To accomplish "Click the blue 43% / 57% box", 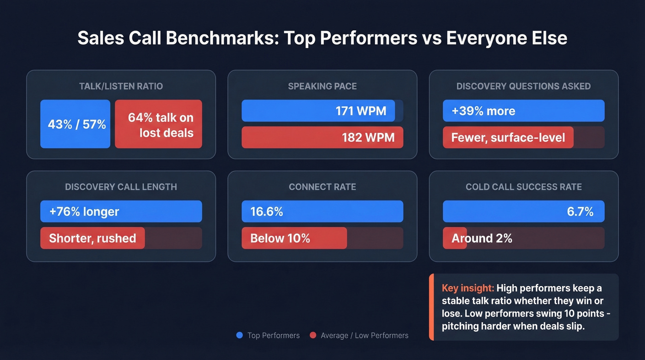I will pyautogui.click(x=75, y=124).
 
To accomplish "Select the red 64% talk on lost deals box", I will pyautogui.click(x=158, y=124).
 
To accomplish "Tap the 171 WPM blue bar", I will pyautogui.click(x=318, y=111).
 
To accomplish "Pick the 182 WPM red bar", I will pyautogui.click(x=322, y=137).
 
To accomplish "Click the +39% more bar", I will pyautogui.click(x=523, y=111).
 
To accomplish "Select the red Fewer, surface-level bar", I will pyautogui.click(x=508, y=137).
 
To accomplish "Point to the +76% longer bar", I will pyautogui.click(x=121, y=212).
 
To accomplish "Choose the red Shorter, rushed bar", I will pyautogui.click(x=92, y=238).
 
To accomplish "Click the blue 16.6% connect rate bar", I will pyautogui.click(x=322, y=212).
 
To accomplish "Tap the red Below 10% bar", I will pyautogui.click(x=294, y=238).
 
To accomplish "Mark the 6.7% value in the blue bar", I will pyautogui.click(x=580, y=212).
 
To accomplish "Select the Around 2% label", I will pyautogui.click(x=481, y=238).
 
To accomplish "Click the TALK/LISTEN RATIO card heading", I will pyautogui.click(x=121, y=86).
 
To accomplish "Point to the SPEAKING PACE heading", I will pyautogui.click(x=322, y=86).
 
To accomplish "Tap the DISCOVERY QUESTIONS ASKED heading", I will pyautogui.click(x=523, y=86).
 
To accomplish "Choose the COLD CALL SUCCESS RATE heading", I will pyautogui.click(x=523, y=187).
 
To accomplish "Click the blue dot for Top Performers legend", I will pyautogui.click(x=240, y=336).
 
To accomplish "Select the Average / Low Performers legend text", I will pyautogui.click(x=364, y=336).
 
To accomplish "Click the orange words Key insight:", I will pyautogui.click(x=468, y=288).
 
